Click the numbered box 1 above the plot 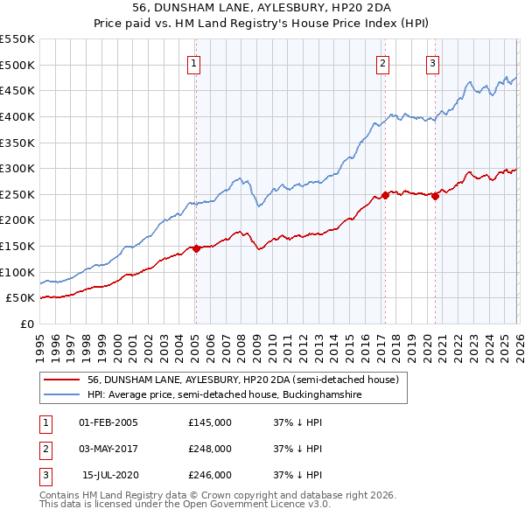click(192, 62)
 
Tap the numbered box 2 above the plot click(383, 62)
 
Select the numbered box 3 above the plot click(433, 62)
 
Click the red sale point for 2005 click(196, 248)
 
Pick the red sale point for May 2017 click(385, 195)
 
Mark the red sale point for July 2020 click(435, 197)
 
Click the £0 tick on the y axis click(27, 324)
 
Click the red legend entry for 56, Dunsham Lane click(243, 380)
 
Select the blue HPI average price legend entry click(224, 395)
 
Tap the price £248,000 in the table click(210, 449)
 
